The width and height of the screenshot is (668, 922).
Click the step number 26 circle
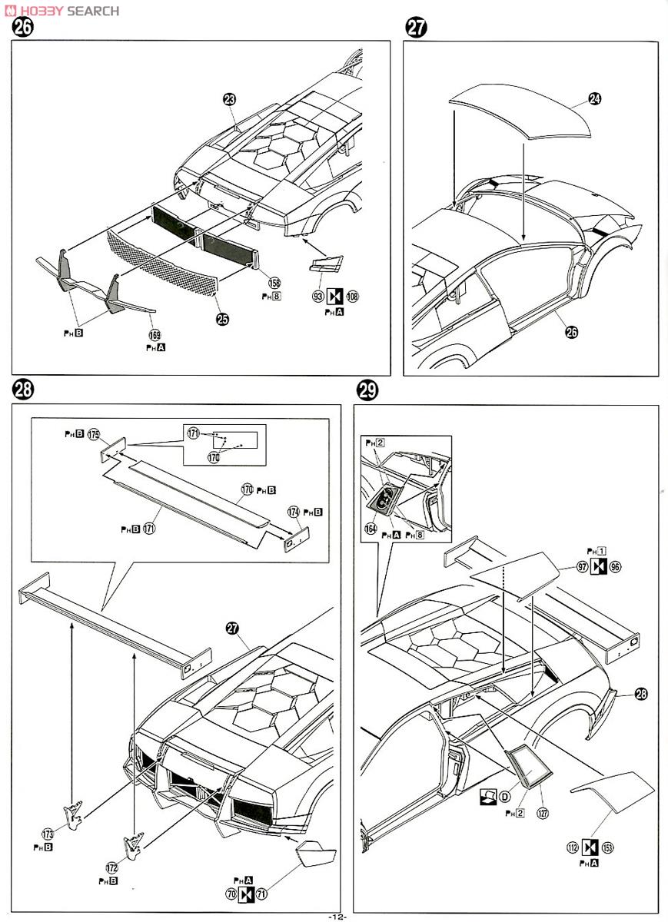coord(23,28)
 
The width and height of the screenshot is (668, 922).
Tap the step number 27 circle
coord(416,28)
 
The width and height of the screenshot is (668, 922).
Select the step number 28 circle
coord(23,390)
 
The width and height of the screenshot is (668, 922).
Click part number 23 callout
coord(229,99)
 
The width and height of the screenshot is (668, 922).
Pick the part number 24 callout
coord(595,99)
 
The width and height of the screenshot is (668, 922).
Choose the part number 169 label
coord(155,335)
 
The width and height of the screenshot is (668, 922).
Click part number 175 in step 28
coord(94,434)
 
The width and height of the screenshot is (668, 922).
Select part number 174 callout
coord(294,512)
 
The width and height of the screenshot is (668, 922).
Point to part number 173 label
coord(48,833)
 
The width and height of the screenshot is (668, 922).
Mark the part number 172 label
coord(112,867)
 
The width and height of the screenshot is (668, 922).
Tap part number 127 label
coord(543,813)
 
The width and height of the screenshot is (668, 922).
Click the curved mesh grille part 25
coord(161,265)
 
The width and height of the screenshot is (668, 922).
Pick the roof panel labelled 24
coord(523,111)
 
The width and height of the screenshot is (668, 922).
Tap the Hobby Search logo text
coord(61,10)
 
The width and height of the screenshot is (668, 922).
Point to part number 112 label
coord(571,847)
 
